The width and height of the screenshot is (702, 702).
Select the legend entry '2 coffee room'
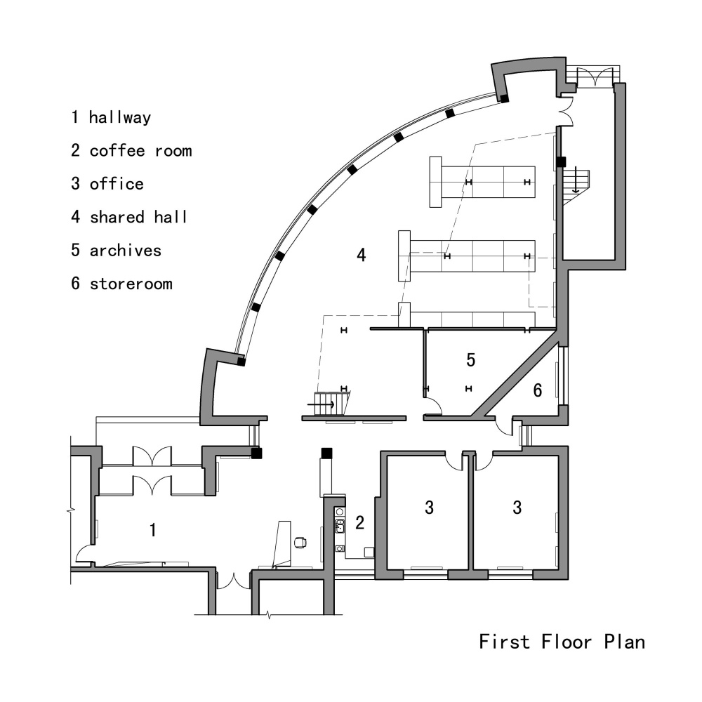click(131, 150)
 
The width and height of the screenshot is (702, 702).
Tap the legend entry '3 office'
click(107, 184)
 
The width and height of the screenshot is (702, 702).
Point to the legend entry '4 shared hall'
click(129, 217)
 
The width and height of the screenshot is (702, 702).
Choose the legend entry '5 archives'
click(116, 251)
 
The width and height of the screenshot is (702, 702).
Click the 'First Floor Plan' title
click(562, 641)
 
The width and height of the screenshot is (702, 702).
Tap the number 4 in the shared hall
click(361, 255)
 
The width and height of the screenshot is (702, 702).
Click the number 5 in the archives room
click(471, 360)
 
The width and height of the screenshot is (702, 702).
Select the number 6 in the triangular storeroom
click(537, 390)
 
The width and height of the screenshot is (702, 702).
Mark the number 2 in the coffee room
click(359, 522)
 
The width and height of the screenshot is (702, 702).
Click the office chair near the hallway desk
click(300, 542)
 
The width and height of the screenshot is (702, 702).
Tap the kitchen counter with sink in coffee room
click(340, 529)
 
